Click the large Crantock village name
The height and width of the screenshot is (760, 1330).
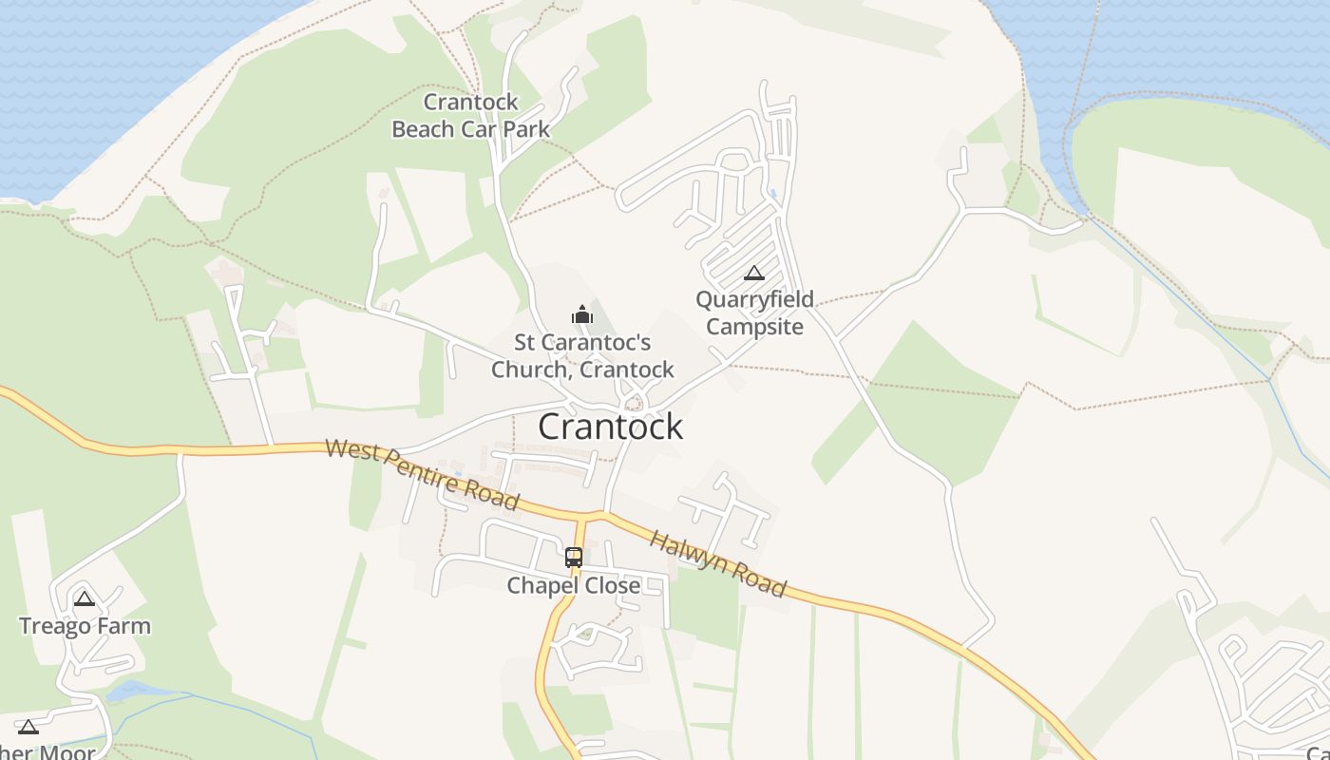[x=610, y=427]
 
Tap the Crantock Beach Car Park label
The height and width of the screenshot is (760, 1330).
[x=471, y=116]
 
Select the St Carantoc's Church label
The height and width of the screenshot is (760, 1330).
[x=582, y=355]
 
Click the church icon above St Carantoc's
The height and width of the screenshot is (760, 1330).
[x=582, y=313]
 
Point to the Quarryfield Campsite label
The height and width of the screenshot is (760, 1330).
[x=754, y=313]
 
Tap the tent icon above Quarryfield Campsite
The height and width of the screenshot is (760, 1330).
[x=754, y=274]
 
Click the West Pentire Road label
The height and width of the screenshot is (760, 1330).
[x=422, y=473]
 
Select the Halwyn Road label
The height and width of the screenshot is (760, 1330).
[x=718, y=564]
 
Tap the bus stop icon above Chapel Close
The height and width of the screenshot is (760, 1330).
[x=574, y=558]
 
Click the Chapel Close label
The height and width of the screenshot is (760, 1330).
[x=574, y=585]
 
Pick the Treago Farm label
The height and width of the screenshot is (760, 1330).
[x=85, y=626]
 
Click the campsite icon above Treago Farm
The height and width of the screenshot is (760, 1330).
[x=85, y=598]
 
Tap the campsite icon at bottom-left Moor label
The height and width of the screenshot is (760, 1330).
[x=28, y=727]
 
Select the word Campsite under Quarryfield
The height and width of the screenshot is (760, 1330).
[x=754, y=327]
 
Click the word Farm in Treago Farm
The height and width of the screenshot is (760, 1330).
[x=125, y=626]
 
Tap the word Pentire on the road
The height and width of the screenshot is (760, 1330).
[x=421, y=472]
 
